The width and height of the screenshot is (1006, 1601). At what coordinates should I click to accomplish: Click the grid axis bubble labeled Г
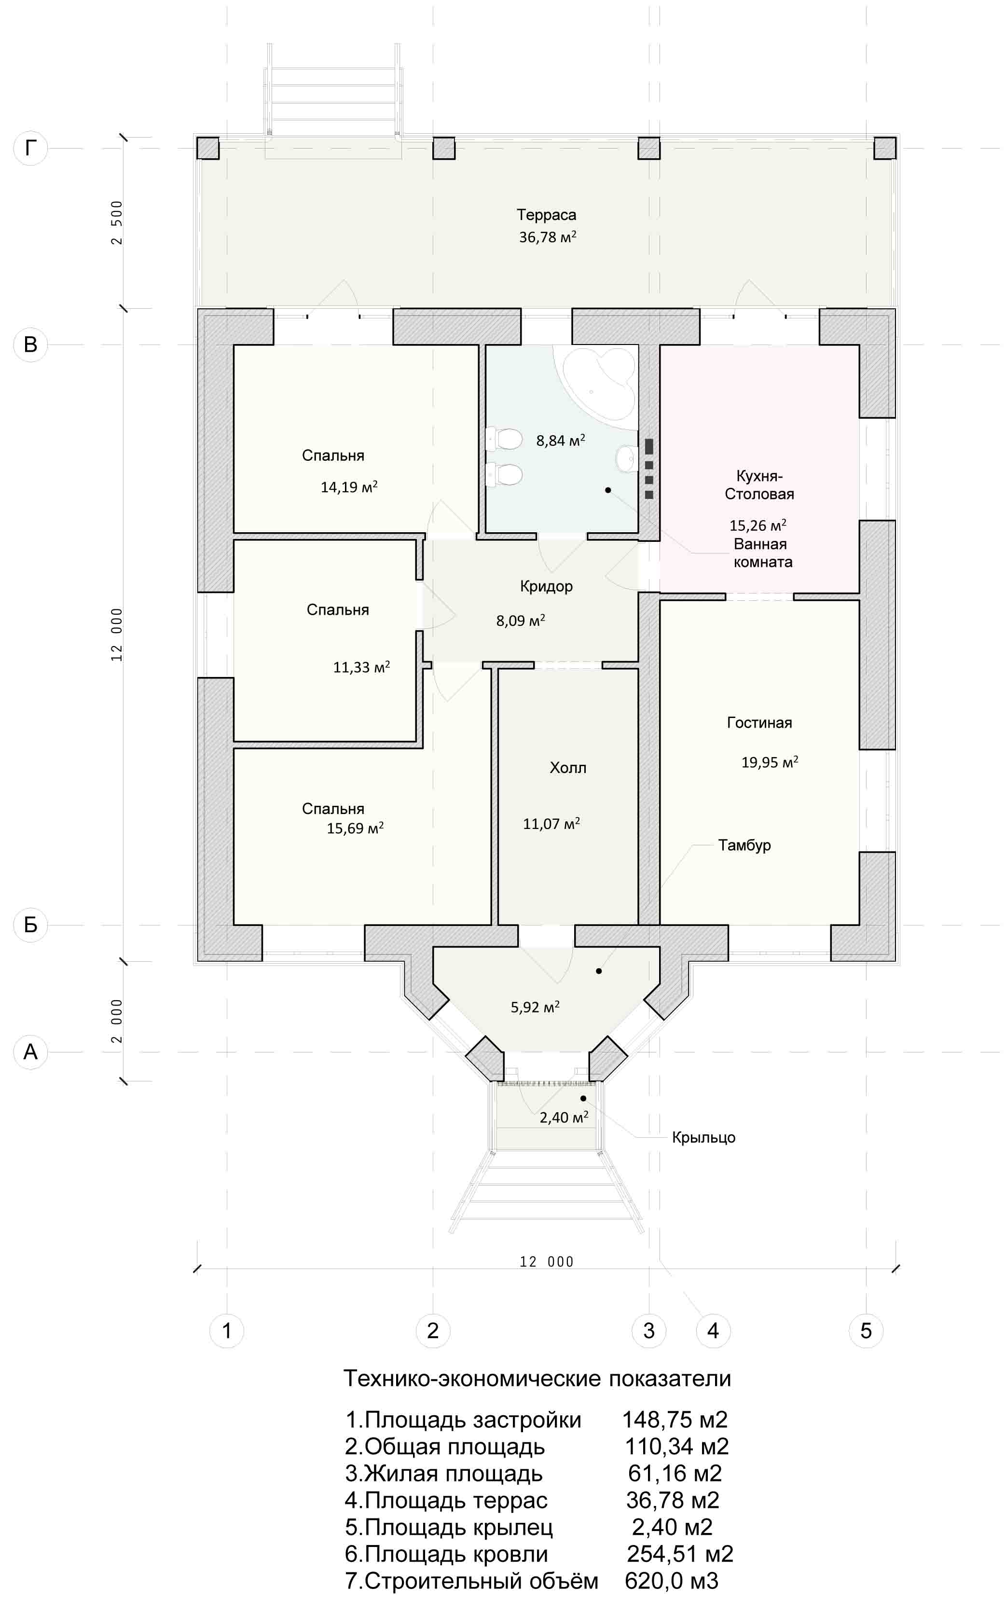pyautogui.click(x=30, y=148)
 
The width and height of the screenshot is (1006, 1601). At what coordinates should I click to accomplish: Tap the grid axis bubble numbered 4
pyautogui.click(x=713, y=1330)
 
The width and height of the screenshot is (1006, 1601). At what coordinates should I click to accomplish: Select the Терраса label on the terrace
pyautogui.click(x=547, y=215)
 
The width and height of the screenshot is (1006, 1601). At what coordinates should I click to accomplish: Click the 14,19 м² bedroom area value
pyautogui.click(x=349, y=487)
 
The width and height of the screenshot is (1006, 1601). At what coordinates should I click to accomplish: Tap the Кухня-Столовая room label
pyautogui.click(x=759, y=484)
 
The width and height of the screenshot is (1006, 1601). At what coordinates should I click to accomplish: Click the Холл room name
pyautogui.click(x=568, y=768)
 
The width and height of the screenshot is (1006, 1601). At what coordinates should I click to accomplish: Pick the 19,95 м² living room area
pyautogui.click(x=770, y=762)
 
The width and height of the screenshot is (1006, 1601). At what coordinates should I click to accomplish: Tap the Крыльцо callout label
pyautogui.click(x=703, y=1138)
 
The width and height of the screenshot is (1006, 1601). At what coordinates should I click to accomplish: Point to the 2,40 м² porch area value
pyautogui.click(x=564, y=1118)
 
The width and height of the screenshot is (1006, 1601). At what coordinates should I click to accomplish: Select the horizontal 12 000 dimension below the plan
pyautogui.click(x=547, y=1261)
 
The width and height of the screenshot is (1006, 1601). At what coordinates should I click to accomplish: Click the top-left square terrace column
pyautogui.click(x=208, y=148)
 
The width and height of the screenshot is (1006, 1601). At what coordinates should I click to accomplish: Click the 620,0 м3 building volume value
pyautogui.click(x=672, y=1581)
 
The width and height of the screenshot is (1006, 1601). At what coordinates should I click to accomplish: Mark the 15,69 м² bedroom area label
pyautogui.click(x=355, y=828)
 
